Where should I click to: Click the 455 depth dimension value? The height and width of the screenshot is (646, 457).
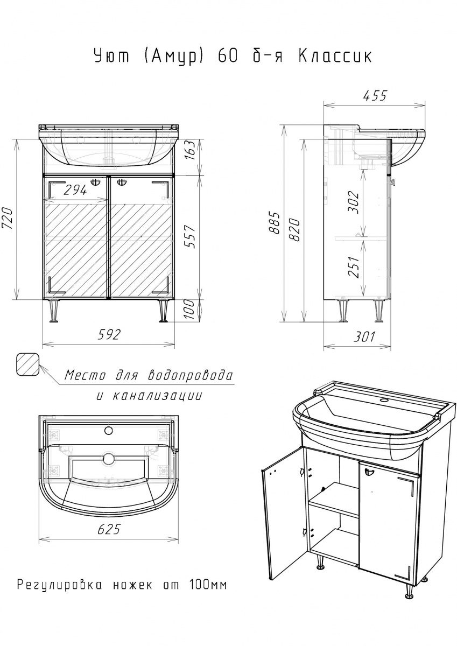375,95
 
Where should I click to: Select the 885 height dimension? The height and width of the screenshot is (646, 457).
276,223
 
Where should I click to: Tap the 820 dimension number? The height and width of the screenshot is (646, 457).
295,230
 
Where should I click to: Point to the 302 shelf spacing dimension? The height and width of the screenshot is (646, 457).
354,202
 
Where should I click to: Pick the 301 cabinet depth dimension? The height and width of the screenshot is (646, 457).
364,336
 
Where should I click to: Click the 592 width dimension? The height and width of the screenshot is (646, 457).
109,334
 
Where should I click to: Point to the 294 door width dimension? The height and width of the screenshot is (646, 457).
75,190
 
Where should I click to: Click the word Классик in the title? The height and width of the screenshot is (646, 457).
335,56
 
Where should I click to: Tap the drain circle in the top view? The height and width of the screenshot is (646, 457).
109,458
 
